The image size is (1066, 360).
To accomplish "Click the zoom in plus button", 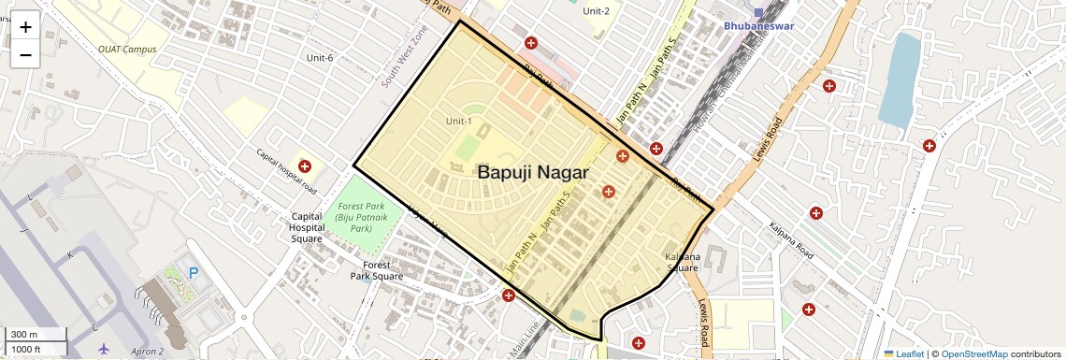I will point(25,27).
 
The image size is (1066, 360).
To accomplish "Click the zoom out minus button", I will point(25,54).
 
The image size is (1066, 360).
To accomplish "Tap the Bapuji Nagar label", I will point(532,172).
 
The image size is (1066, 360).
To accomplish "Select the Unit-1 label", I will point(459,121).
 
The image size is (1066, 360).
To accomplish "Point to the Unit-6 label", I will point(320,58).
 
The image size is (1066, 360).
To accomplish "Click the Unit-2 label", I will point(596,11).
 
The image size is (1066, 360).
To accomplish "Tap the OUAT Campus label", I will point(127,49).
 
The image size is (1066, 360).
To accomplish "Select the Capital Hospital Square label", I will point(307,227).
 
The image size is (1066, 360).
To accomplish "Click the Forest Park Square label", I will point(377,270).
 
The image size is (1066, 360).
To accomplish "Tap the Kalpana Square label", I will point(683,262).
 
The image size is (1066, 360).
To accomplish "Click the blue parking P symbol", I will point(194,273).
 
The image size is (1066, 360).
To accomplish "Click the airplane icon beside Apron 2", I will point(104,350).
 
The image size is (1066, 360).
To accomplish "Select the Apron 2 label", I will point(146,351).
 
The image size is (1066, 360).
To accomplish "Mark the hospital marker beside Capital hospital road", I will point(305,166).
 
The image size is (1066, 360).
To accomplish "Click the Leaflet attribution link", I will point(904,353).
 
